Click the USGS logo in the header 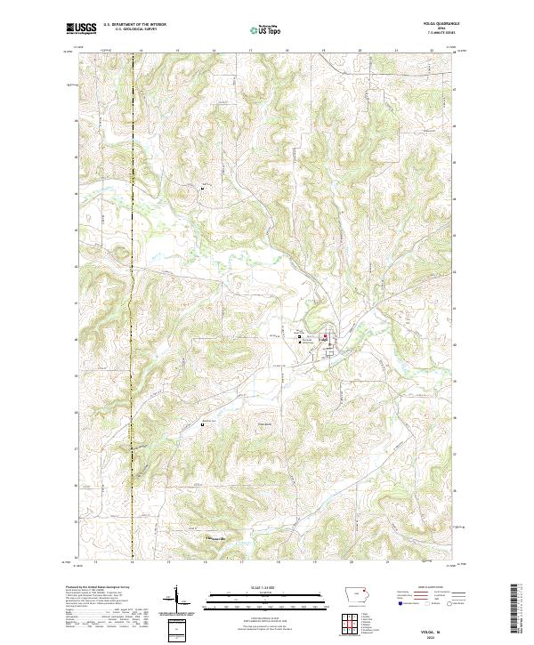pyautogui.click(x=82, y=28)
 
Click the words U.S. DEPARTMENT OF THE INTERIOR pyautogui.click(x=133, y=25)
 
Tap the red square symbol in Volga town pyautogui.click(x=325, y=336)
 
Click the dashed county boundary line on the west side pyautogui.click(x=133, y=267)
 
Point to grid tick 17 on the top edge pyautogui.click(x=250, y=52)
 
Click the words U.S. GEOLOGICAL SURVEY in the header pyautogui.click(x=133, y=30)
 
